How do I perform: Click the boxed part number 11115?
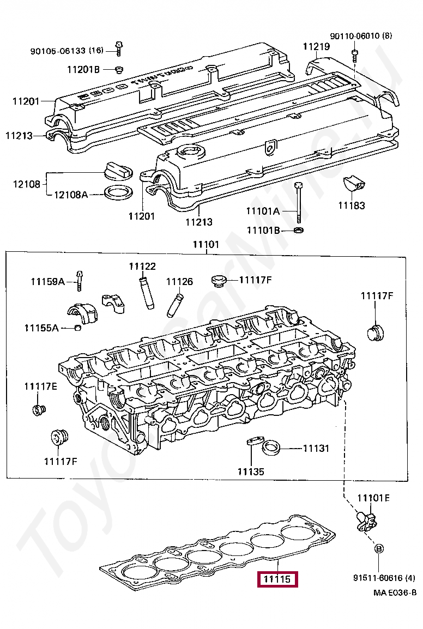coord(278,579)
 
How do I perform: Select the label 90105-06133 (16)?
coord(66,51)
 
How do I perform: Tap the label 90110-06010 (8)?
coord(360,36)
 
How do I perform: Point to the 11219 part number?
coord(316,47)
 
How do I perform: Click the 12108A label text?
coord(70,194)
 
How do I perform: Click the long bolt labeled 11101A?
coord(298,203)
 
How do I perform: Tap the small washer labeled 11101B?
coord(298,230)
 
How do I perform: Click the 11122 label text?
coord(142,267)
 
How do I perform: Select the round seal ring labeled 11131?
coord(271,449)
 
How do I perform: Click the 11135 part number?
coord(250,471)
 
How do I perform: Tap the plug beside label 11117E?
coord(38,409)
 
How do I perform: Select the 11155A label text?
coord(41,328)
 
